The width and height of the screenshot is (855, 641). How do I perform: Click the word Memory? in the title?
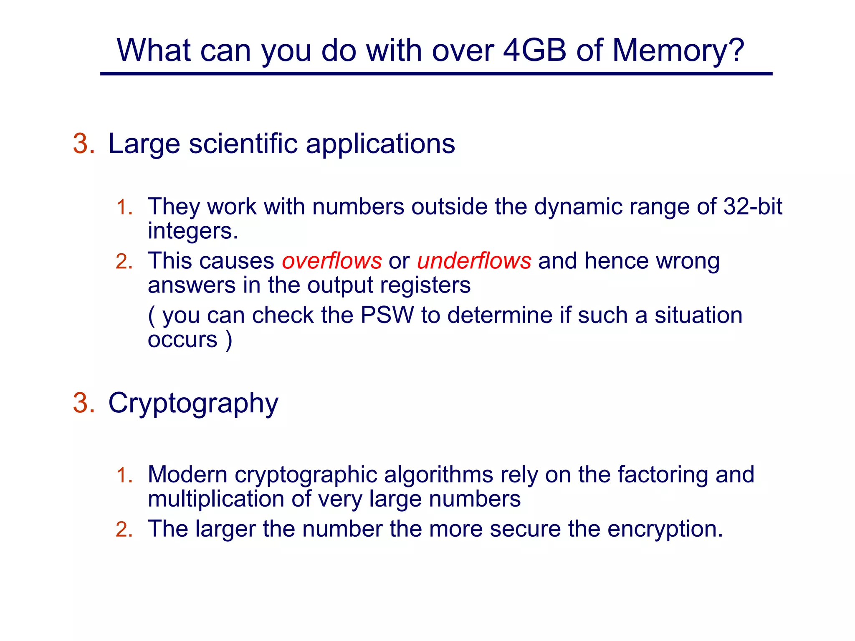678,51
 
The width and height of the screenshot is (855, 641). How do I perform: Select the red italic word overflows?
331,261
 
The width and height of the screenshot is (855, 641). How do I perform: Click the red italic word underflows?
474,261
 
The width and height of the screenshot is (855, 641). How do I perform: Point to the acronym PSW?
387,315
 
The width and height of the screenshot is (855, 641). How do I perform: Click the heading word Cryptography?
193,404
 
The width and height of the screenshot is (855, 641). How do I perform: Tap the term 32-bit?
752,206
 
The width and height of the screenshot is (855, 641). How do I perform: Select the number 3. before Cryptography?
83,403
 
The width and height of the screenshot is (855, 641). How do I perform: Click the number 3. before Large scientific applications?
83,144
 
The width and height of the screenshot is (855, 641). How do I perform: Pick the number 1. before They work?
124,207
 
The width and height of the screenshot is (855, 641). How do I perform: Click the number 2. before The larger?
124,530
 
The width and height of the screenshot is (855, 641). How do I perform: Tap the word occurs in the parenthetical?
182,339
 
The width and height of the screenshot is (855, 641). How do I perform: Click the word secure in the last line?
525,529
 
